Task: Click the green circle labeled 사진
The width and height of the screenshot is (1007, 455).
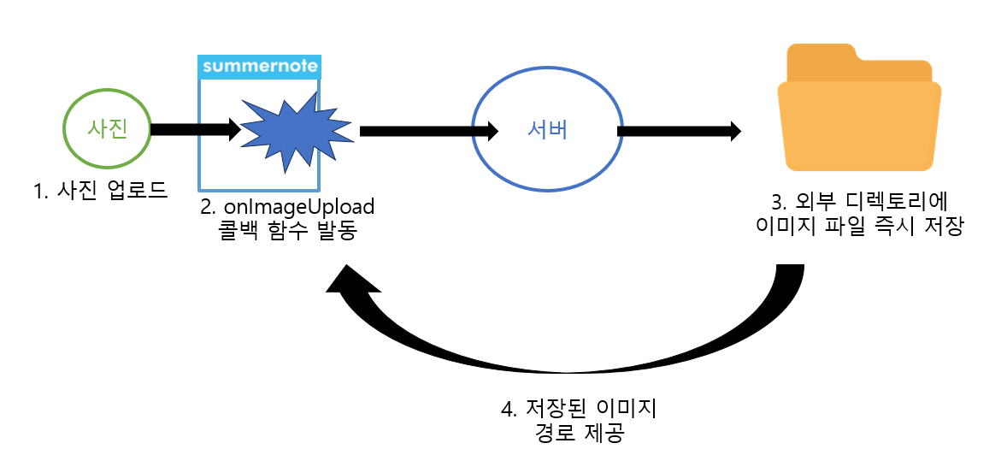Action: tap(108, 129)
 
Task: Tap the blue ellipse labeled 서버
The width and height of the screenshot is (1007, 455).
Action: tap(547, 131)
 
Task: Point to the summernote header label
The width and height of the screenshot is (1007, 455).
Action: tap(259, 66)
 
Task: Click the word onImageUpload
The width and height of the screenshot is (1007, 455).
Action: tap(300, 208)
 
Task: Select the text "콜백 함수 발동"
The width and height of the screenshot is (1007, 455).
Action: tap(286, 231)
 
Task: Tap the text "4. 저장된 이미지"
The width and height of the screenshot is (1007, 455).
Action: tap(578, 408)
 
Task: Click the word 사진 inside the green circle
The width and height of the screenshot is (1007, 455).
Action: tap(108, 129)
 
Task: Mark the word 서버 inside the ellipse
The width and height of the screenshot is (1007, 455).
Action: tap(547, 131)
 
